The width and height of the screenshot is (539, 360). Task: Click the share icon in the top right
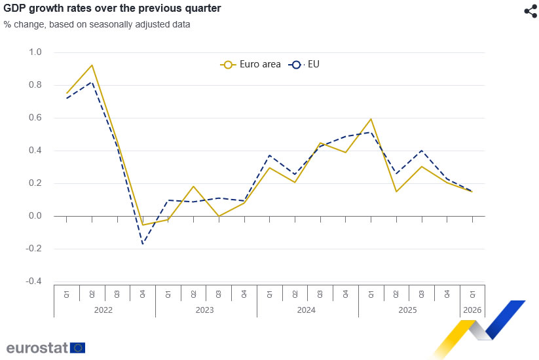pyautogui.click(x=530, y=11)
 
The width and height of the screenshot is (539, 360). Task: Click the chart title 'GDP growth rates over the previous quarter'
pyautogui.click(x=112, y=9)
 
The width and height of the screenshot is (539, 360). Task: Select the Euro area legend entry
pyautogui.click(x=251, y=64)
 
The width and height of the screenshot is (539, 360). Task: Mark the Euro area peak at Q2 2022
pyautogui.click(x=92, y=65)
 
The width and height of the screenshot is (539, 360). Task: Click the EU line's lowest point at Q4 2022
pyautogui.click(x=143, y=244)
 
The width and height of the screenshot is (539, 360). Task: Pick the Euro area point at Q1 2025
pyautogui.click(x=371, y=118)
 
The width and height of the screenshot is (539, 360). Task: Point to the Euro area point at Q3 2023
pyautogui.click(x=219, y=216)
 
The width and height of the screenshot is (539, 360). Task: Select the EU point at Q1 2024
pyautogui.click(x=270, y=155)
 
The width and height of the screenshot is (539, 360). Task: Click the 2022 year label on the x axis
pyautogui.click(x=104, y=309)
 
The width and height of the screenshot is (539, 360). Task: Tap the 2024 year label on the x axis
pyautogui.click(x=308, y=309)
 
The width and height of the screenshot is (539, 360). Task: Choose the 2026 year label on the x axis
pyautogui.click(x=472, y=309)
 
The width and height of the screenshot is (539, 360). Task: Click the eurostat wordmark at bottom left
pyautogui.click(x=37, y=347)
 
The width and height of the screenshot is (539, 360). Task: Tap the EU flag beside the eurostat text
pyautogui.click(x=78, y=348)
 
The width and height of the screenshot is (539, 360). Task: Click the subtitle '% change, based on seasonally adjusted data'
pyautogui.click(x=97, y=25)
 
